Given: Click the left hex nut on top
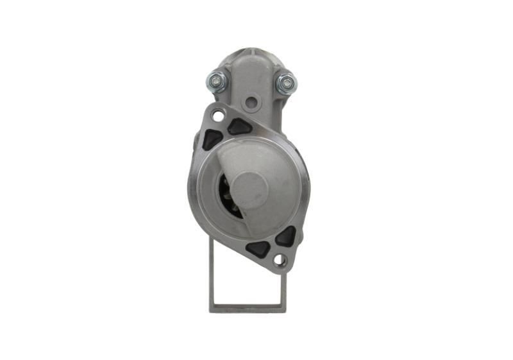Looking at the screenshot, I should (216, 81).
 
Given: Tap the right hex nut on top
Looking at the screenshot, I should (285, 83).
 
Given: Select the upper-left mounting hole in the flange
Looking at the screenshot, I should (219, 116).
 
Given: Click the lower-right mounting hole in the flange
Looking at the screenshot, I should (279, 259).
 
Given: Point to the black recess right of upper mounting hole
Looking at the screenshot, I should (240, 126).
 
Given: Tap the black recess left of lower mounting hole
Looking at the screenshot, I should (258, 248).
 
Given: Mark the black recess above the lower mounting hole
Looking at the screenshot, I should (285, 236).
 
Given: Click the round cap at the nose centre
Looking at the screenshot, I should (249, 190).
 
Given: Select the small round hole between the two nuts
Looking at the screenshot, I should (251, 101).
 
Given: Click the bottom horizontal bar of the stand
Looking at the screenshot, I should (248, 309).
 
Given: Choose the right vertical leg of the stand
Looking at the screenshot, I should (283, 289).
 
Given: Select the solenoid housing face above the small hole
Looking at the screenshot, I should (251, 77).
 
